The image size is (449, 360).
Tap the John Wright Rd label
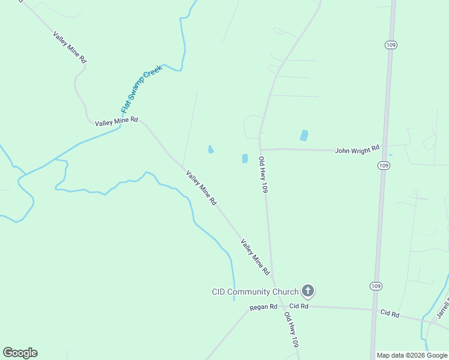pyautogui.click(x=357, y=149)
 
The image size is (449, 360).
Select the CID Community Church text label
pyautogui.click(x=255, y=292)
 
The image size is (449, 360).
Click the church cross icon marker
pyautogui.click(x=307, y=292)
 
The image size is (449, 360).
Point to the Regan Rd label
pyautogui.click(x=264, y=307)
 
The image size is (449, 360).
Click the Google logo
pyautogui.click(x=20, y=353)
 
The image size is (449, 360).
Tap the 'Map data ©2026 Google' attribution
pyautogui.click(x=412, y=355)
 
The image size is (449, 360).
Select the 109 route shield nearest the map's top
pyautogui.click(x=390, y=44)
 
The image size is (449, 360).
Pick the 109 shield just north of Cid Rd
pyautogui.click(x=376, y=286)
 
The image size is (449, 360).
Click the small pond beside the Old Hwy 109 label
pyautogui.click(x=245, y=158)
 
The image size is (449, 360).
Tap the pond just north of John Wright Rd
pyautogui.click(x=304, y=136)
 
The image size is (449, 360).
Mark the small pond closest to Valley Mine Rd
pyautogui.click(x=211, y=149)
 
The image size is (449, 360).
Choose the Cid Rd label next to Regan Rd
pyautogui.click(x=300, y=307)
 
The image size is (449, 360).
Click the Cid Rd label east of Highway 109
pyautogui.click(x=390, y=313)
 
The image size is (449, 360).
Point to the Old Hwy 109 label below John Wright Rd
pyautogui.click(x=263, y=175)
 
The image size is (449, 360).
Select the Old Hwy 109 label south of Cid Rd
pyautogui.click(x=292, y=331)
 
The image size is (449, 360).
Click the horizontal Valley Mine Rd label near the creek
pyautogui.click(x=116, y=122)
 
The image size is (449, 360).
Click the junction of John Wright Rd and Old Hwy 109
pyautogui.click(x=260, y=149)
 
